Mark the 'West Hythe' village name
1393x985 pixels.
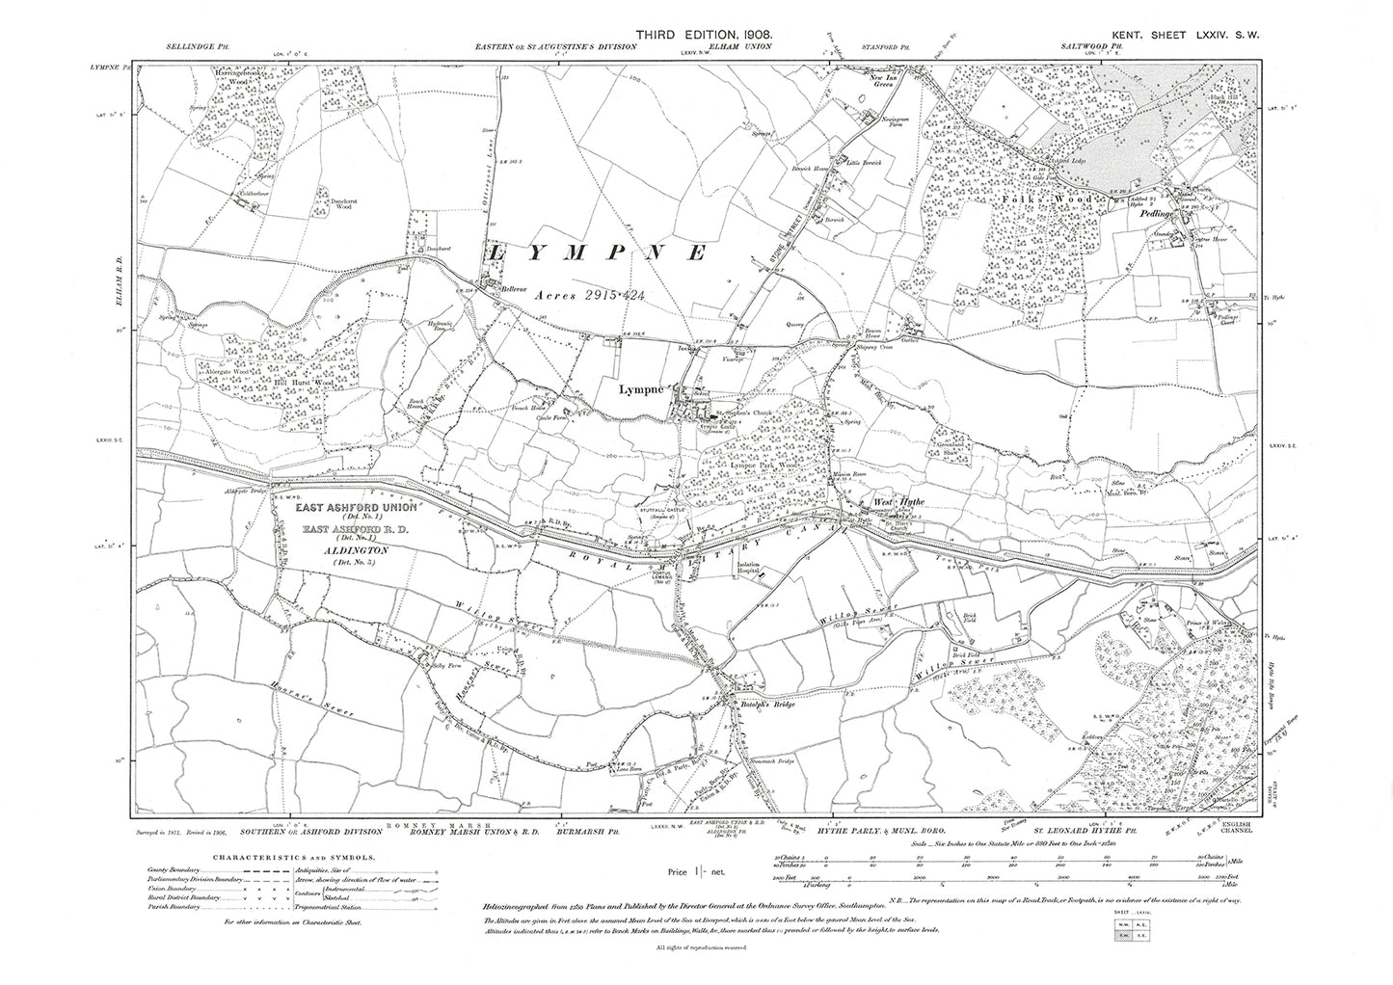[x=891, y=501]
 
